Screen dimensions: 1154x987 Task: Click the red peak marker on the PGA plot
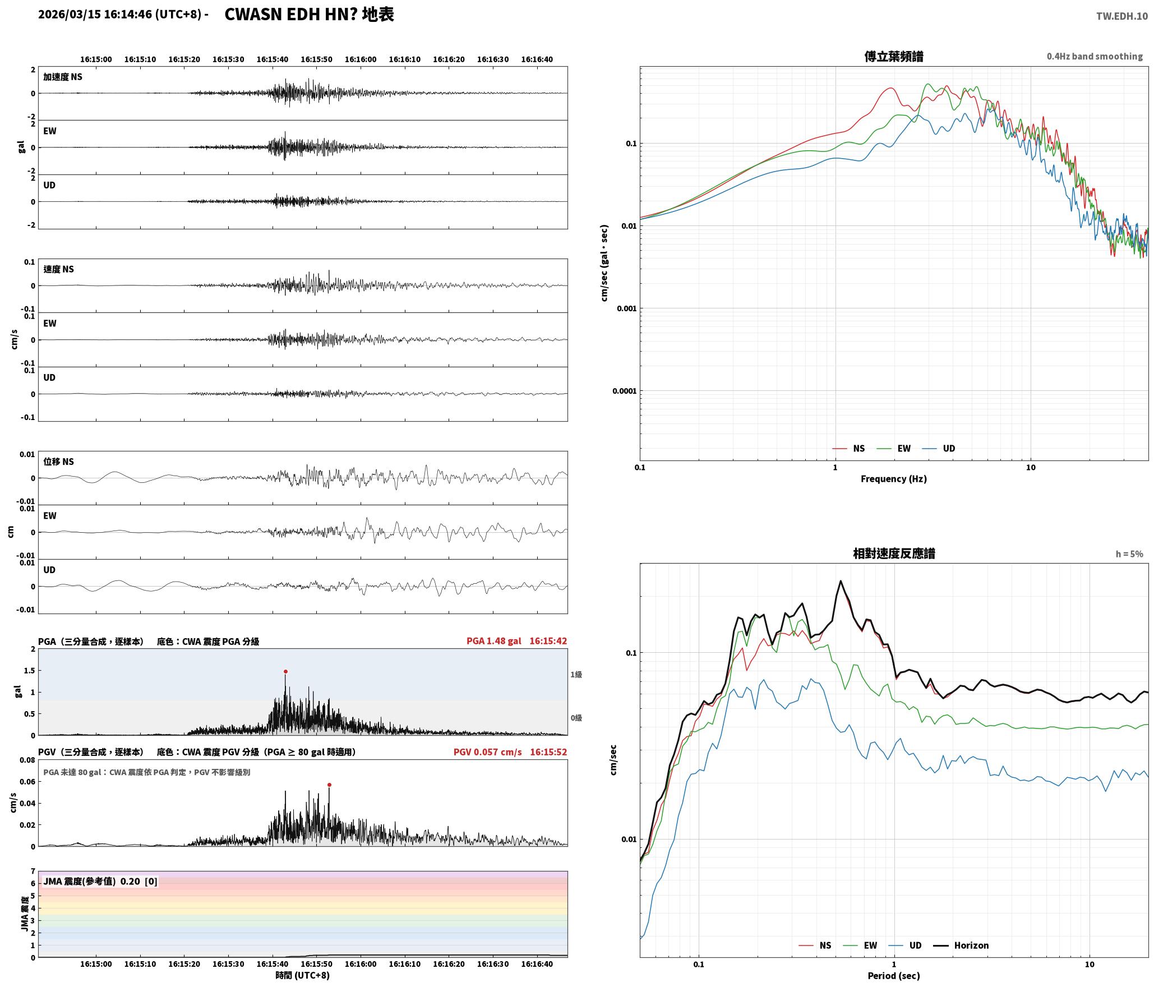pyautogui.click(x=285, y=671)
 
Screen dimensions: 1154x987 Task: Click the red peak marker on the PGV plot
pyautogui.click(x=329, y=785)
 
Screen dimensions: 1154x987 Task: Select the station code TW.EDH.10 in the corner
pyautogui.click(x=1122, y=16)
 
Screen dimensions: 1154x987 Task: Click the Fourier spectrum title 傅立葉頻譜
pyautogui.click(x=894, y=56)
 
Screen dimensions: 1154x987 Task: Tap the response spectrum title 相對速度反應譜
pyautogui.click(x=894, y=554)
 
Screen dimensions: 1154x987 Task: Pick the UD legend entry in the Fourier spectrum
pyautogui.click(x=939, y=448)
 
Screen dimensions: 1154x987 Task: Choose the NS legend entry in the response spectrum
pyautogui.click(x=815, y=945)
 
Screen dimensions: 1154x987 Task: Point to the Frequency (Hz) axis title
pyautogui.click(x=894, y=478)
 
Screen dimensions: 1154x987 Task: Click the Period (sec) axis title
pyautogui.click(x=894, y=975)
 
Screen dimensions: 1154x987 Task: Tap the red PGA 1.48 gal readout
pyautogui.click(x=493, y=640)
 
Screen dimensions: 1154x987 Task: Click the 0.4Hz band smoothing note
pyautogui.click(x=1095, y=56)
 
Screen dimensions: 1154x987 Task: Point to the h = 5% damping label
pyautogui.click(x=1129, y=554)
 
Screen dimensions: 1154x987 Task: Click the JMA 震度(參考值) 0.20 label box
pyautogui.click(x=100, y=881)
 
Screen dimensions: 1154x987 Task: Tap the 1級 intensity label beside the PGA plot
pyautogui.click(x=576, y=674)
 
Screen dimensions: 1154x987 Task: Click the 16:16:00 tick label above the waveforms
pyautogui.click(x=361, y=59)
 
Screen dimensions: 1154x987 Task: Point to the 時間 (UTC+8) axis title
pyautogui.click(x=302, y=975)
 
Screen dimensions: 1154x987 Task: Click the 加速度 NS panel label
pyautogui.click(x=63, y=77)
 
